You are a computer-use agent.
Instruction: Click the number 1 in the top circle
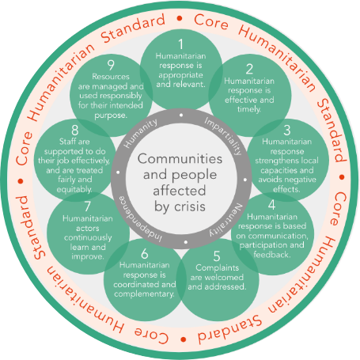click(180, 44)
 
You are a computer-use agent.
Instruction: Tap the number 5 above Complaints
click(217, 256)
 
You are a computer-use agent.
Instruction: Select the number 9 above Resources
click(111, 65)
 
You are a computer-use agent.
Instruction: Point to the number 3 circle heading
click(287, 130)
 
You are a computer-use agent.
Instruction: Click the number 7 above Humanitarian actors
click(88, 207)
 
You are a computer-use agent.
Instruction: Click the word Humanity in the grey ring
click(141, 133)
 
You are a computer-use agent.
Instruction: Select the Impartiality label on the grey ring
click(223, 136)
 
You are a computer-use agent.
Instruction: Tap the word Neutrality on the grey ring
click(226, 220)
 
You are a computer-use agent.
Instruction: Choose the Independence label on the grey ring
click(140, 219)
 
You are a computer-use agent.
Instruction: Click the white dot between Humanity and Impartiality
click(181, 115)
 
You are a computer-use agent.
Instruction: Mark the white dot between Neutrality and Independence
click(186, 242)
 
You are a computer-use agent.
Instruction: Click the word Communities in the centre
click(180, 159)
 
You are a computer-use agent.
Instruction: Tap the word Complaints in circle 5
click(218, 268)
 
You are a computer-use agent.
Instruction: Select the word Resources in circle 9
click(111, 77)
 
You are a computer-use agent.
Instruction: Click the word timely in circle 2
click(249, 109)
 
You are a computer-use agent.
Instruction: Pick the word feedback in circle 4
click(272, 255)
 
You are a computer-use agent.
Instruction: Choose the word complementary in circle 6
click(144, 294)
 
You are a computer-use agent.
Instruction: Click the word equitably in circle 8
click(74, 189)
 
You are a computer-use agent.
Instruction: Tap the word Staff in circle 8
click(66, 142)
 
